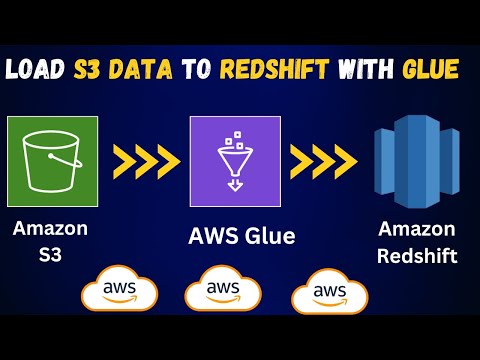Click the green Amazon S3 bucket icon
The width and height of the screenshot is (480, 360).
[52, 161]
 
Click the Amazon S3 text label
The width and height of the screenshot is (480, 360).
[50, 241]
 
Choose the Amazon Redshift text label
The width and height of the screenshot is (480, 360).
[417, 242]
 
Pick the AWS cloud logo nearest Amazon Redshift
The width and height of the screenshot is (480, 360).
[329, 292]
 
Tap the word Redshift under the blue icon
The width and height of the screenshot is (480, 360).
[417, 255]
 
